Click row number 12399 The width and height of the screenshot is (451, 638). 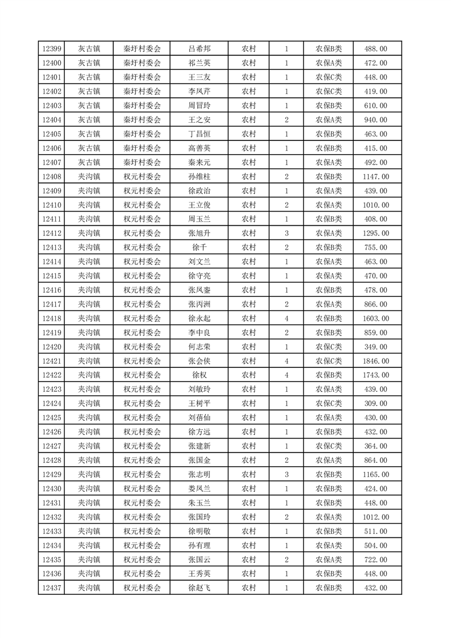51,49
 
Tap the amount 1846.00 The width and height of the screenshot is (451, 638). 375,361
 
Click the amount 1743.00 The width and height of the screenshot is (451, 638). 375,375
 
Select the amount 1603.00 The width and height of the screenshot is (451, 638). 375,318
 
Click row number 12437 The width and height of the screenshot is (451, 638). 51,588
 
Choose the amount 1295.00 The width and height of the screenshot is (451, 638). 375,233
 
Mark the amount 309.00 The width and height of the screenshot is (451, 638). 375,404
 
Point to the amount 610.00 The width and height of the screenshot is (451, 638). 375,106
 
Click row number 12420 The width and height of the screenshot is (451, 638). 51,347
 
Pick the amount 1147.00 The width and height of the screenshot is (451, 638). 375,177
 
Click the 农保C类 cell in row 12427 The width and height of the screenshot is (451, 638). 329,446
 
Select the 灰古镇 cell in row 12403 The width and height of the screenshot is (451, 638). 89,106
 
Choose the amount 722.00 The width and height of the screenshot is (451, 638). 375,560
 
